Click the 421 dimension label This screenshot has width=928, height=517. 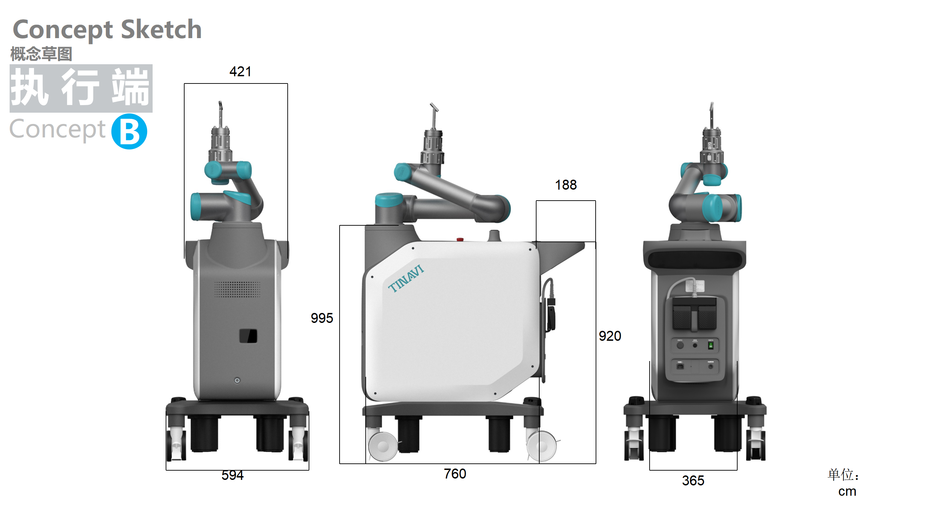(x=240, y=71)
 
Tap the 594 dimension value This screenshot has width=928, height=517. (x=232, y=475)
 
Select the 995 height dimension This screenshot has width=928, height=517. (x=322, y=318)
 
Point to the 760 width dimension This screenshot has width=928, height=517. (x=455, y=474)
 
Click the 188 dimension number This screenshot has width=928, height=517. (x=566, y=185)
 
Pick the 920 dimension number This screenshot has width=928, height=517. (x=609, y=336)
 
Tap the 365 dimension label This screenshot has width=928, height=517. (x=693, y=481)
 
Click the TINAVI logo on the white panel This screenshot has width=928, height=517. (x=406, y=279)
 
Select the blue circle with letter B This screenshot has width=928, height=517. (x=129, y=132)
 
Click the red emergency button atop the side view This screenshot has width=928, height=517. (x=460, y=239)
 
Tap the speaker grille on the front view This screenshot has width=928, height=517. (x=237, y=289)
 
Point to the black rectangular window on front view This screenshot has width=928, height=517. (x=248, y=336)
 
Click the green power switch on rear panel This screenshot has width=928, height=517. (x=710, y=346)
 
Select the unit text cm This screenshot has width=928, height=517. (x=847, y=492)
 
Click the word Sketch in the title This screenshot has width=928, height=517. (x=161, y=30)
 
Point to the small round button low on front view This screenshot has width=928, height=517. (x=237, y=381)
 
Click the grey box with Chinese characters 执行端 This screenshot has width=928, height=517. (x=81, y=88)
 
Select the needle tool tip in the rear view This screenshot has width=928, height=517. (x=711, y=106)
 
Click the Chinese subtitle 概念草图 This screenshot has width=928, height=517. (x=41, y=54)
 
